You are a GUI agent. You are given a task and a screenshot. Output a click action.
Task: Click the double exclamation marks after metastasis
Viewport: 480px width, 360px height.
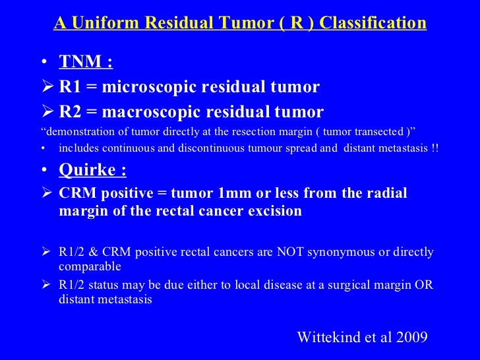[435, 148]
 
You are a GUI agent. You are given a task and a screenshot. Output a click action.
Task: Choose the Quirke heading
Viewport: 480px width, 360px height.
[93, 170]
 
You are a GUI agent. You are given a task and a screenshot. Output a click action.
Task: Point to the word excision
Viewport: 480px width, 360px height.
[275, 211]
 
